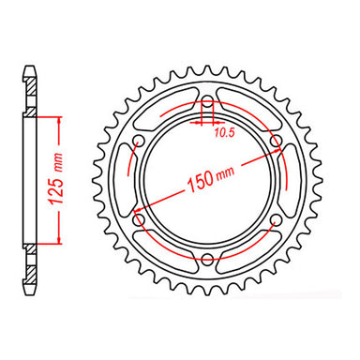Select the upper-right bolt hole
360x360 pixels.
pyautogui.click(x=276, y=142)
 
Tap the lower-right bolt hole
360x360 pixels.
pyautogui.click(x=276, y=221)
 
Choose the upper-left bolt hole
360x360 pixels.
pyautogui.click(x=139, y=142)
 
